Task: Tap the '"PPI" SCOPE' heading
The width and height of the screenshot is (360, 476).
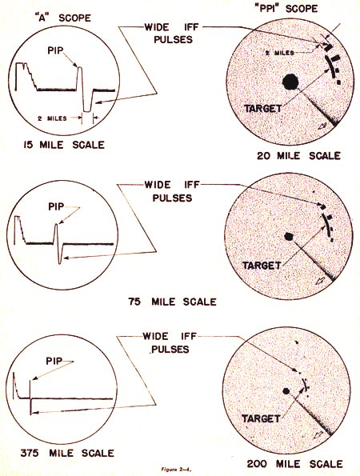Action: [286, 8]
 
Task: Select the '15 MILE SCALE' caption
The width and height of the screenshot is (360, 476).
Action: [64, 145]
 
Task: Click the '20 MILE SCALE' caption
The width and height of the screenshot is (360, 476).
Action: [298, 156]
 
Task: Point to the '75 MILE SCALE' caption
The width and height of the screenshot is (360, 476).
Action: [173, 302]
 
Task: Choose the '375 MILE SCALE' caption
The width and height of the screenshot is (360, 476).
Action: [67, 454]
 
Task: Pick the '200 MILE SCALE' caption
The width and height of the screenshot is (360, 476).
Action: [294, 464]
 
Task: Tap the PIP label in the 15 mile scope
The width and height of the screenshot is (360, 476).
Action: [56, 50]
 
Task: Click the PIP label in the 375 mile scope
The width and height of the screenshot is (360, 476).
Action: [54, 361]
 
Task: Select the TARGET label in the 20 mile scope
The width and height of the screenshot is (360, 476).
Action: [263, 108]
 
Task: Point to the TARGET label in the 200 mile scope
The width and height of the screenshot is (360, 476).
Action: [261, 418]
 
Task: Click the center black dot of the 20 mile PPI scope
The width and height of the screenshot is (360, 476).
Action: [290, 82]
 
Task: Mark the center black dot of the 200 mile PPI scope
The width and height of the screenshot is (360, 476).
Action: [286, 391]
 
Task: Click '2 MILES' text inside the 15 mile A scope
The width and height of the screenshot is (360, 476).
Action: [52, 118]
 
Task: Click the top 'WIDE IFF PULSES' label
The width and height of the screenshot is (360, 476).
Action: [172, 34]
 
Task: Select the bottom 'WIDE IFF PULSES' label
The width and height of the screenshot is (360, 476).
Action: [170, 342]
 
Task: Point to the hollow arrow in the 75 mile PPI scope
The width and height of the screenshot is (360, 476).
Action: [319, 281]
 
